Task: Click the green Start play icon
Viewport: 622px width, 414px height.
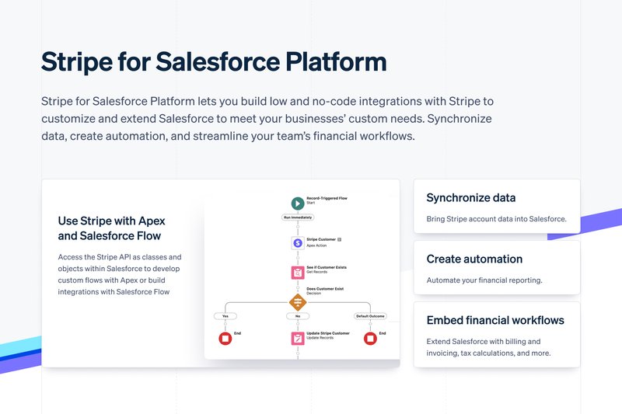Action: [x=297, y=203]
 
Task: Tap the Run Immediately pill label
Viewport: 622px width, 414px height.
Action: [x=297, y=218]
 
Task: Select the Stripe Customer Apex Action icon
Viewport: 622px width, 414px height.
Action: [x=297, y=242]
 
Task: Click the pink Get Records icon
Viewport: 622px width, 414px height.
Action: [x=297, y=272]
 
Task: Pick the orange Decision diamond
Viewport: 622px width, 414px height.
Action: [x=297, y=302]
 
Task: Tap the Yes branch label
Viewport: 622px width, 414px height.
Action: [x=225, y=317]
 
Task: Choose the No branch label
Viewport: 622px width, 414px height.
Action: [x=297, y=317]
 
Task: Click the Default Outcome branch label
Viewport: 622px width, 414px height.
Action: [x=370, y=317]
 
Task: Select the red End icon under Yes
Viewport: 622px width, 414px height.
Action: [x=225, y=338]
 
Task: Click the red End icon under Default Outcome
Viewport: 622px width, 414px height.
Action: [x=370, y=338]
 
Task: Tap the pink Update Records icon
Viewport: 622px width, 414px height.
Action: [x=297, y=338]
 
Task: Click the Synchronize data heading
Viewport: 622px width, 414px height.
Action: [x=470, y=198]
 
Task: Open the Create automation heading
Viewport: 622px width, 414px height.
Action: [x=474, y=259]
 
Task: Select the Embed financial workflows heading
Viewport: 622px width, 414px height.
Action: [x=495, y=320]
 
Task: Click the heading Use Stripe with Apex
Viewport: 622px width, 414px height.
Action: [x=111, y=221]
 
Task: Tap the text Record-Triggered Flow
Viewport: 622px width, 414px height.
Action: [x=327, y=198]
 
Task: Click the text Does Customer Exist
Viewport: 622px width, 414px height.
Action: [x=325, y=288]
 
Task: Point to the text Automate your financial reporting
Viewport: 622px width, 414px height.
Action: [x=484, y=280]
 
